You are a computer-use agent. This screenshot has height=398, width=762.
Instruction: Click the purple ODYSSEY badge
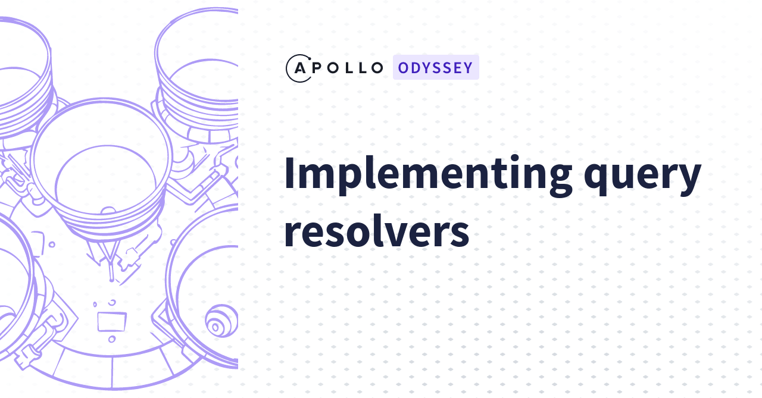click(436, 67)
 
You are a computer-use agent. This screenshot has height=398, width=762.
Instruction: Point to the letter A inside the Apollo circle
click(300, 68)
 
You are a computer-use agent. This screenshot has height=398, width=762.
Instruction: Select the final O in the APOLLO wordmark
click(377, 68)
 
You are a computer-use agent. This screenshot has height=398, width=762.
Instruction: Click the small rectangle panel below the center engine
click(111, 321)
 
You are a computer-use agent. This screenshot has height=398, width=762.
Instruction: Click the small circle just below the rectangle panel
click(111, 339)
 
